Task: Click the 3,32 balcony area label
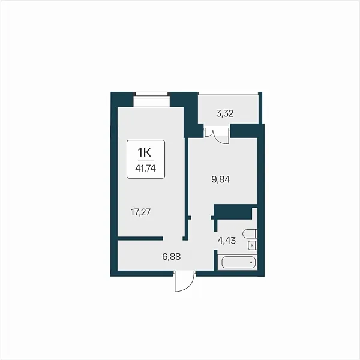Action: click(225, 113)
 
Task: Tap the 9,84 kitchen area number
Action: click(221, 179)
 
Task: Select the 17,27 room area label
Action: click(140, 212)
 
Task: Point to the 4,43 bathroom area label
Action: click(227, 241)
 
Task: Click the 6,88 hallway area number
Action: click(171, 256)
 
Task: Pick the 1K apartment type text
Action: click(145, 152)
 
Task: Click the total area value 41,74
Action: click(146, 169)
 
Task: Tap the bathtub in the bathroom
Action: click(239, 262)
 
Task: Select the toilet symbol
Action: click(250, 234)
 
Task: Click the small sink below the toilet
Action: click(252, 245)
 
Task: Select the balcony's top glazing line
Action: click(229, 93)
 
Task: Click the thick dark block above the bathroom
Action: click(233, 212)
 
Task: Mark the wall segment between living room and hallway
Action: click(140, 238)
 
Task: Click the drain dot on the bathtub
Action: click(251, 262)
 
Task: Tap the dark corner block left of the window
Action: click(122, 100)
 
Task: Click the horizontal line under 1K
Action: click(146, 161)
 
